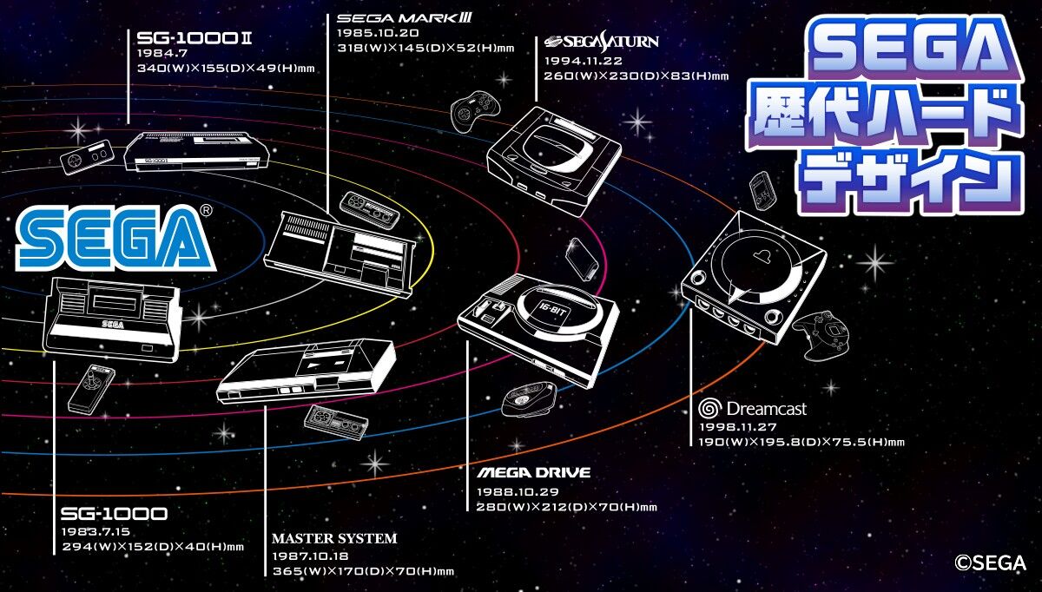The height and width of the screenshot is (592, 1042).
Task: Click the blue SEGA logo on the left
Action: pos(115,238)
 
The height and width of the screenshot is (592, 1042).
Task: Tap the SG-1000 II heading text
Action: pos(194,38)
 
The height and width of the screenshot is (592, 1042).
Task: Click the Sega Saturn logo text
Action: pos(602,42)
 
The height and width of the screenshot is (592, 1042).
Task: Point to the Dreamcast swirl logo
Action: pos(710,408)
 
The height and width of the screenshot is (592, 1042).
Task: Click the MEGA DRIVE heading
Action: pos(533,473)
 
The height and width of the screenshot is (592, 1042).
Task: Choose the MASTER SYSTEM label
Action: pos(334,538)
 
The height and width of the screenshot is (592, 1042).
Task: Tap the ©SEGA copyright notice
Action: pos(991,562)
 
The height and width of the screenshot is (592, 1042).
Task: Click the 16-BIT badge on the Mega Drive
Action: pos(551,310)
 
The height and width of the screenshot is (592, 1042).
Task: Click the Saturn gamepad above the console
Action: pos(474,111)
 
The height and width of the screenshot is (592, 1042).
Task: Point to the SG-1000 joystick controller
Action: pos(92,389)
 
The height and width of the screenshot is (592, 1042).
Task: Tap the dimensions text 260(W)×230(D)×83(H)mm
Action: pos(636,76)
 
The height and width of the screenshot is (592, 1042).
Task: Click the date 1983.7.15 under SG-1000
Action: pos(96,531)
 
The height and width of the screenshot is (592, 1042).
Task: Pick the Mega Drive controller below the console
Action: pos(529,399)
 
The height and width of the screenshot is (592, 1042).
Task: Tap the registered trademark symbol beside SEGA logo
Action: pos(206,211)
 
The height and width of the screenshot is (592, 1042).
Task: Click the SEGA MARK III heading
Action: pos(405,18)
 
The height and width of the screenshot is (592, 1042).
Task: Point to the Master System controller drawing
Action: pos(336,423)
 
